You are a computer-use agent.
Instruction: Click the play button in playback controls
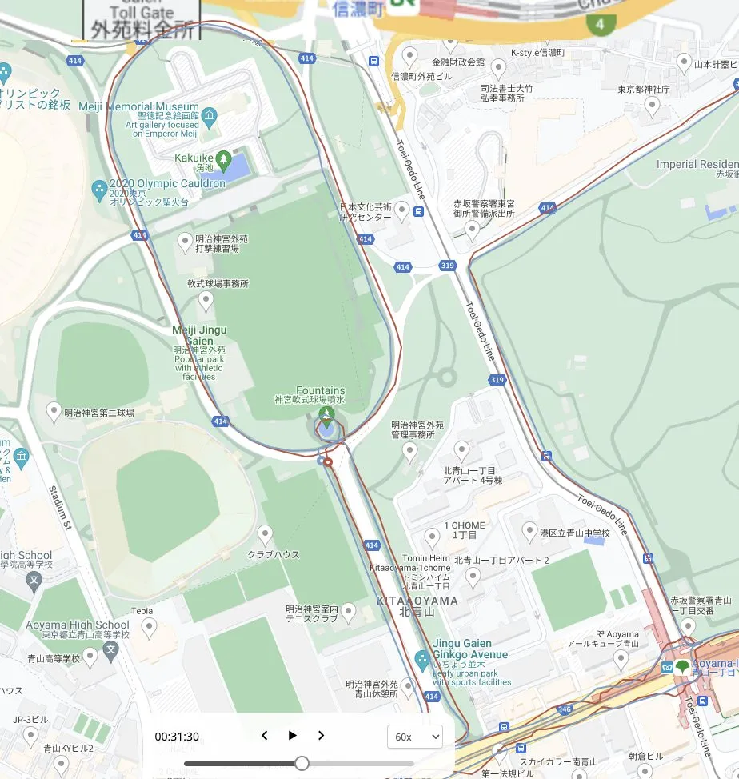point(293,736)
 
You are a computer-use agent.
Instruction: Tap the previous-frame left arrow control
point(265,736)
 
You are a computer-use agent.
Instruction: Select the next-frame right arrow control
point(321,736)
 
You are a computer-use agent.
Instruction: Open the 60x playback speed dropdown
point(414,737)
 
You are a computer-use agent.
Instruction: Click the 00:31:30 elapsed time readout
point(177,737)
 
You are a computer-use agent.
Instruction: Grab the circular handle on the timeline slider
point(302,763)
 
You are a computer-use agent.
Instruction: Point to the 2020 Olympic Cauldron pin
point(98,190)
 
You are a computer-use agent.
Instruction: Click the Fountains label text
point(320,390)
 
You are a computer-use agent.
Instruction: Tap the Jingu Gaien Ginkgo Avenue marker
point(422,661)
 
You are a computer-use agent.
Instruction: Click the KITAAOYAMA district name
point(417,600)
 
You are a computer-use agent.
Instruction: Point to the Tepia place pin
point(148,629)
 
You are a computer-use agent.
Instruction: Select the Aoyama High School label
point(78,625)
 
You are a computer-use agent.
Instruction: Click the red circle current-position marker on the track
point(328,461)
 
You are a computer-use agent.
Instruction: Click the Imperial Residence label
point(696,164)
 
